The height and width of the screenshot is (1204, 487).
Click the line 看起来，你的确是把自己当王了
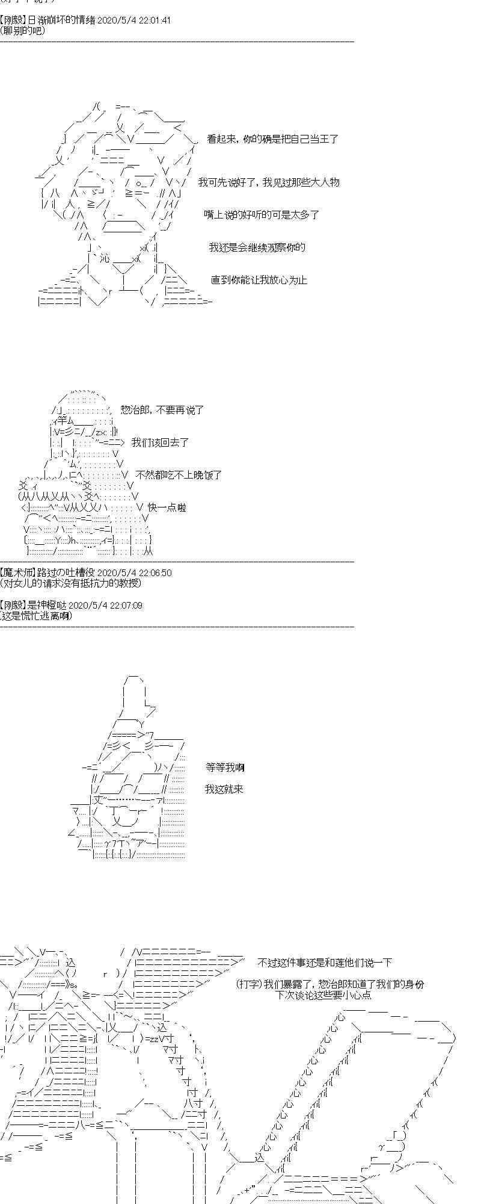272,139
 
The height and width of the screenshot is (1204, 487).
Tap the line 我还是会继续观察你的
257,247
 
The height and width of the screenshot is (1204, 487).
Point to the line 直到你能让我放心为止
259,280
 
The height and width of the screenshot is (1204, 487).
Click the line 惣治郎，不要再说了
162,410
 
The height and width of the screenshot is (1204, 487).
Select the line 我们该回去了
160,442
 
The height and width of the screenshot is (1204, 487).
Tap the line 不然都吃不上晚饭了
179,475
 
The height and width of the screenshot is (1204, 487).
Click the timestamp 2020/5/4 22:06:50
134,573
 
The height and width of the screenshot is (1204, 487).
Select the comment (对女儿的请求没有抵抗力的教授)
71,583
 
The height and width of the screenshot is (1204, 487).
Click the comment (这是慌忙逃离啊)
36,615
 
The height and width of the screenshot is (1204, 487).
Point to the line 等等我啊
225,768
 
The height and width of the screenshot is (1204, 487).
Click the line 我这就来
224,789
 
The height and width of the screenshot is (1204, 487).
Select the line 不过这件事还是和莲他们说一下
324,963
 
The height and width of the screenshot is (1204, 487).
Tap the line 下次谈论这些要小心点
323,995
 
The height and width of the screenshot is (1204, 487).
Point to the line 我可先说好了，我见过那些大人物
269,182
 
